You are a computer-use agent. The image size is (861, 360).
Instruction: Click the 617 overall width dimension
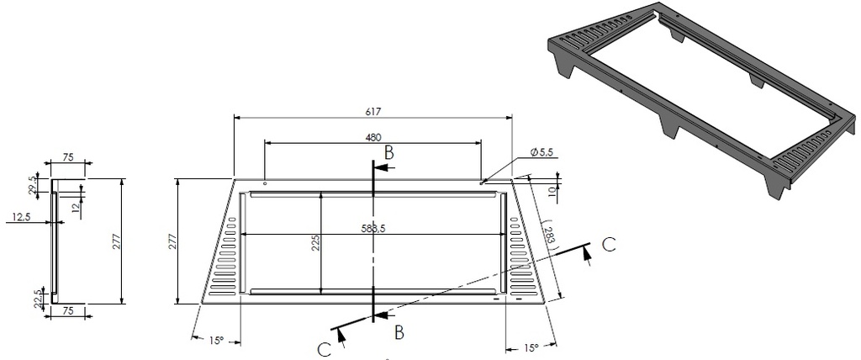pyautogui.click(x=373, y=111)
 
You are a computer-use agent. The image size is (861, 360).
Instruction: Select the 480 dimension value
pyautogui.click(x=373, y=137)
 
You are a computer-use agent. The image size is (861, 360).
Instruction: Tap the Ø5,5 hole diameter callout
pyautogui.click(x=544, y=151)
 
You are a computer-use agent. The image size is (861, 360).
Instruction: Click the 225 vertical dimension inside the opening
pyautogui.click(x=315, y=244)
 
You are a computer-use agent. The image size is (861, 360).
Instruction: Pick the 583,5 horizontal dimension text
pyautogui.click(x=373, y=229)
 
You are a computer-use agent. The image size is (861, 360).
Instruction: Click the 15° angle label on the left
pyautogui.click(x=216, y=341)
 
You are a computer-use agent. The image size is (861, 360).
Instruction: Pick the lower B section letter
pyautogui.click(x=399, y=332)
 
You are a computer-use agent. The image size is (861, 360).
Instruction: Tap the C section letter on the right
pyautogui.click(x=610, y=245)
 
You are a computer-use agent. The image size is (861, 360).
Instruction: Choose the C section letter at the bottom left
pyautogui.click(x=325, y=349)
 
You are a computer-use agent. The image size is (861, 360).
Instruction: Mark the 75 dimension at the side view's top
pyautogui.click(x=70, y=156)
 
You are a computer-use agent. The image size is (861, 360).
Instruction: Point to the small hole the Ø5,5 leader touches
pyautogui.click(x=482, y=182)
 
